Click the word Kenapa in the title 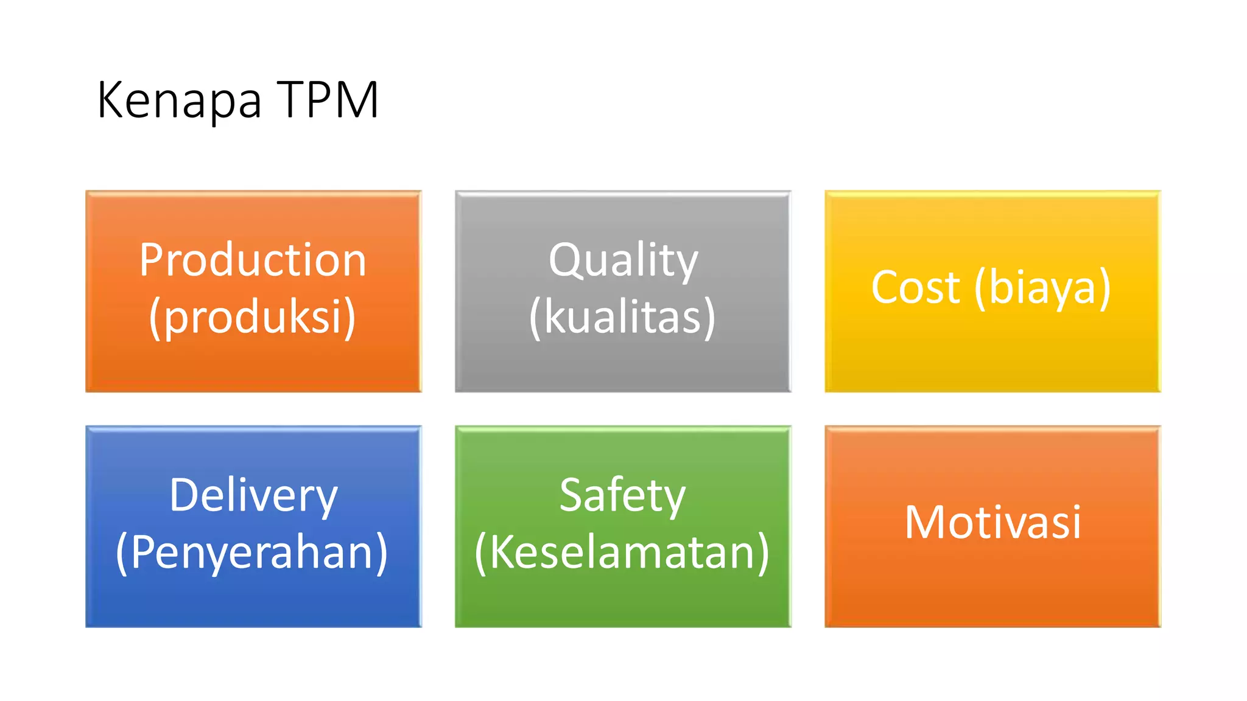click(x=179, y=100)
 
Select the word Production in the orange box click(x=253, y=260)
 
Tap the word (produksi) click(x=253, y=317)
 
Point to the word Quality click(x=623, y=260)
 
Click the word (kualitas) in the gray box click(x=622, y=317)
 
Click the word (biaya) click(x=1042, y=287)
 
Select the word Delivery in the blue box click(x=253, y=495)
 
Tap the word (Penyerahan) click(x=252, y=552)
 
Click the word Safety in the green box click(x=622, y=495)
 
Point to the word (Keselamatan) click(x=622, y=552)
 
